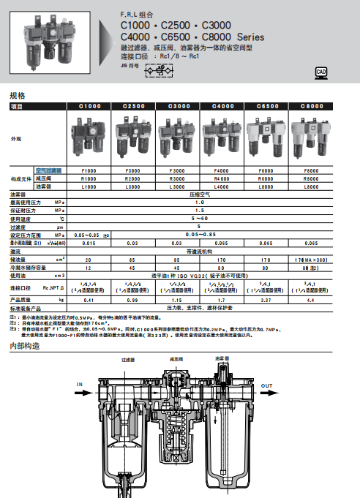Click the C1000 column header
click(89, 106)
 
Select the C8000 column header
click(310, 106)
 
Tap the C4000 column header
click(222, 106)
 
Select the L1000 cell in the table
click(89, 186)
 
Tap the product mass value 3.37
click(266, 300)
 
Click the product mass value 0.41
click(89, 300)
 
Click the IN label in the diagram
click(80, 384)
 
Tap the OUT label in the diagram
click(267, 385)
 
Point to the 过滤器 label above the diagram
click(130, 360)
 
